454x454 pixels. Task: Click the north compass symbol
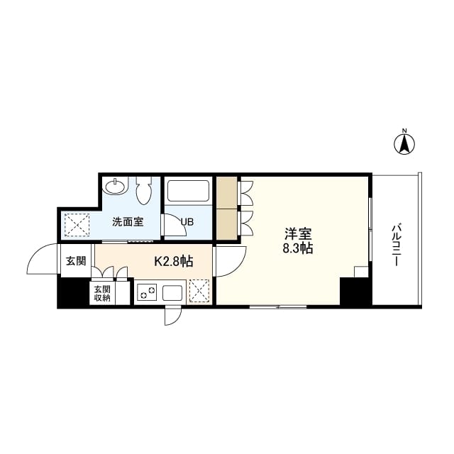pyautogui.click(x=404, y=143)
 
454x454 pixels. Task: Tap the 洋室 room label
pyautogui.click(x=298, y=234)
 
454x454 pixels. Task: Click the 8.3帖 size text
pyautogui.click(x=298, y=249)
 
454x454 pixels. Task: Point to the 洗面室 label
pyautogui.click(x=128, y=221)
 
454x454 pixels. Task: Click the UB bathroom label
pyautogui.click(x=187, y=222)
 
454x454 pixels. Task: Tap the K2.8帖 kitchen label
pyautogui.click(x=174, y=261)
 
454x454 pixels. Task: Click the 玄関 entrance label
pyautogui.click(x=76, y=261)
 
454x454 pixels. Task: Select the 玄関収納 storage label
pyautogui.click(x=101, y=293)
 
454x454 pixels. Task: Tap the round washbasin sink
pyautogui.click(x=113, y=187)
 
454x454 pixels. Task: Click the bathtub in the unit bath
pyautogui.click(x=188, y=192)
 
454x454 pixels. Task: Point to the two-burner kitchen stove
pyautogui.click(x=148, y=292)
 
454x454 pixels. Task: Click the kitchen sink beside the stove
pyautogui.click(x=173, y=292)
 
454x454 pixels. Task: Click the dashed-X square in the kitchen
pyautogui.click(x=199, y=291)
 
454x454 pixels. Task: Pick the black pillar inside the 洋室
pyautogui.click(x=355, y=291)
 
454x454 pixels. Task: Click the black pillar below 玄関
pyautogui.click(x=72, y=291)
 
